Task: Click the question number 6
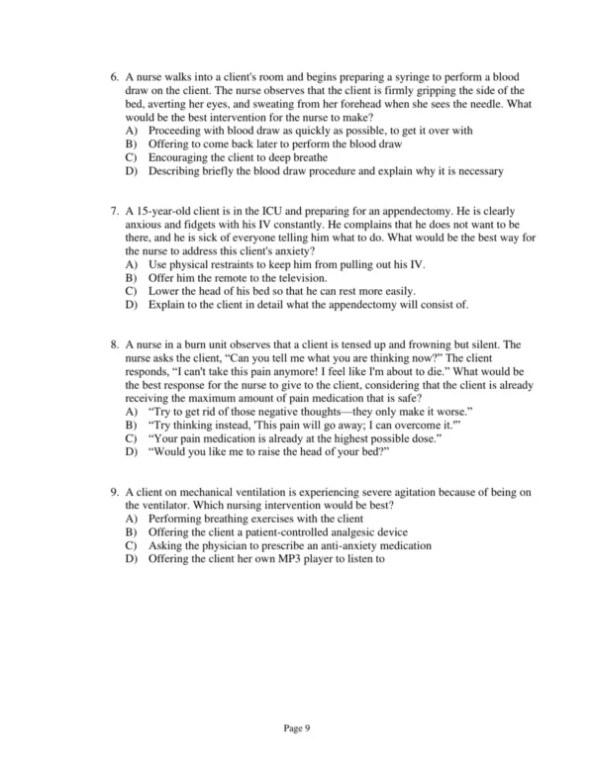click(115, 77)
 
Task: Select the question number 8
click(115, 344)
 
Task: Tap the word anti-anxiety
click(348, 545)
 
